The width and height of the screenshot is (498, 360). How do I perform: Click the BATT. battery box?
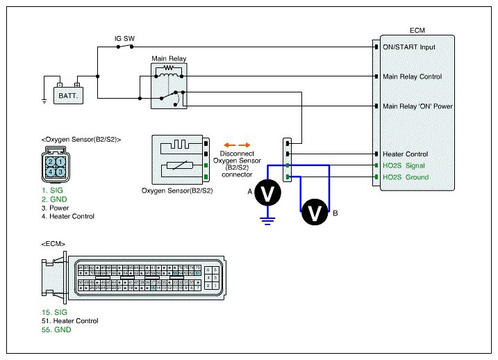[x=68, y=94]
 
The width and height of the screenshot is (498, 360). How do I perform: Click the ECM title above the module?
[x=417, y=30]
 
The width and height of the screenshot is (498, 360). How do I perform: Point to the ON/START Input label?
[x=409, y=47]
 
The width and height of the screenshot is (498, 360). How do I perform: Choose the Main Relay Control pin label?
[x=412, y=76]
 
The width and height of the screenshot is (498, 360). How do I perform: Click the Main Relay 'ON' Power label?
[x=417, y=106]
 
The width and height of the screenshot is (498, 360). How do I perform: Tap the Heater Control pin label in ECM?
[x=405, y=154]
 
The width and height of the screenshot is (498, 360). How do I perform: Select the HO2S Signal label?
[x=404, y=165]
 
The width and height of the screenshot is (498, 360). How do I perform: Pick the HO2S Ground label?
[x=406, y=177]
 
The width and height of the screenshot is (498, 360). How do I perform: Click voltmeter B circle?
[x=315, y=213]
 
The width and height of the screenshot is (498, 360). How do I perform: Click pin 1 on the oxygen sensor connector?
[x=61, y=161]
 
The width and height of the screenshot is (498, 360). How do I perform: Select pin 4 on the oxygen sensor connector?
[x=51, y=171]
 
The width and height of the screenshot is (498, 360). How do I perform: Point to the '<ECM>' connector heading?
[x=53, y=244]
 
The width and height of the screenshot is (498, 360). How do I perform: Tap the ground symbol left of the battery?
[x=44, y=101]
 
